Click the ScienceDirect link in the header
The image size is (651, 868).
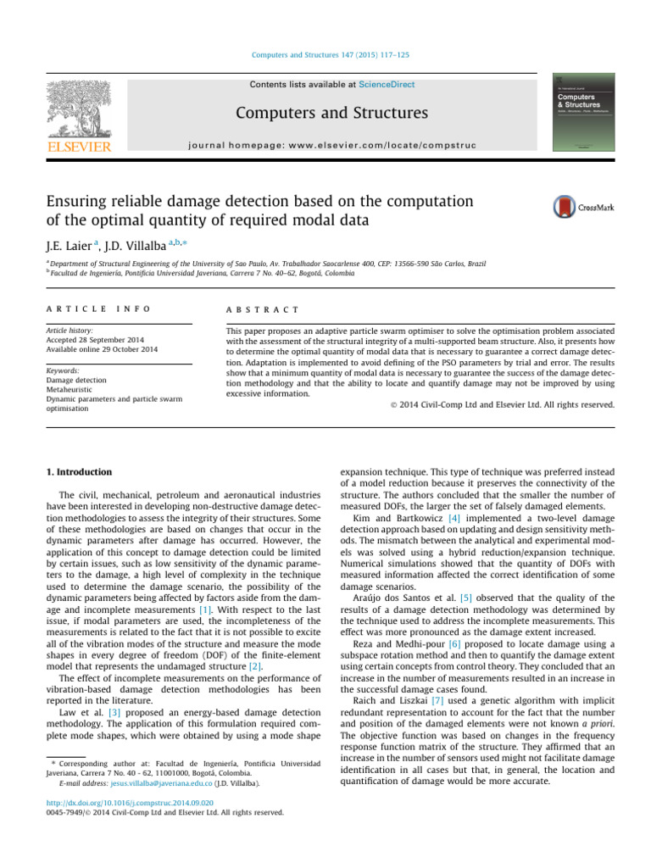coord(387,85)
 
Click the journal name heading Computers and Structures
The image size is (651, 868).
coord(332,113)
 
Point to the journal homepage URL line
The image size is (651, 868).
coord(332,145)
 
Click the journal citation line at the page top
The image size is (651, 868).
coord(332,55)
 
